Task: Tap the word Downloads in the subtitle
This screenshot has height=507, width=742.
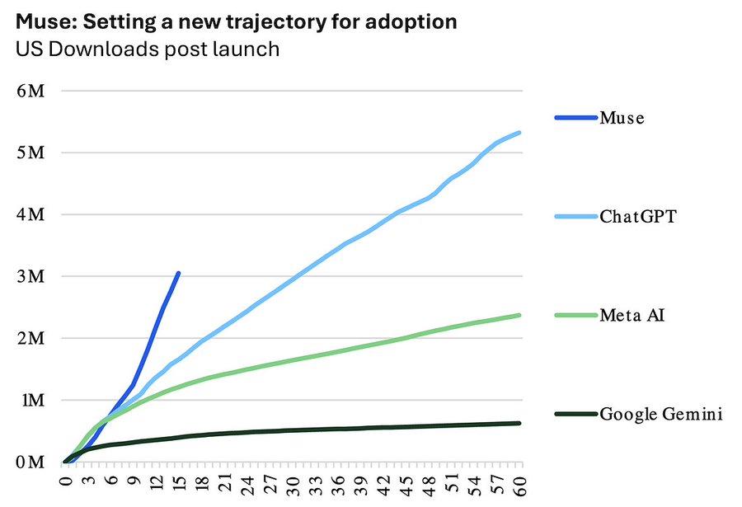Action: point(105,49)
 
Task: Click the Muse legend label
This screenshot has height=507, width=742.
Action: point(622,117)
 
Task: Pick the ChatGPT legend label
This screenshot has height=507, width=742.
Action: point(638,216)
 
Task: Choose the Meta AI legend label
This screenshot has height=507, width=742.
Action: point(632,315)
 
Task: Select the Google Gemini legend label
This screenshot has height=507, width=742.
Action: point(661,414)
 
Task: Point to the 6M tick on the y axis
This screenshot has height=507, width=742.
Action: point(31,91)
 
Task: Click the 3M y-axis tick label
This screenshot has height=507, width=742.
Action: point(31,276)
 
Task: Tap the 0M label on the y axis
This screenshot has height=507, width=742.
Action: point(31,462)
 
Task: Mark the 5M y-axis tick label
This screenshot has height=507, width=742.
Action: point(31,153)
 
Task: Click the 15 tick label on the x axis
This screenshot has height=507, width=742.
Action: point(180,482)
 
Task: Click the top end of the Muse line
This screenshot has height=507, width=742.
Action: point(178,273)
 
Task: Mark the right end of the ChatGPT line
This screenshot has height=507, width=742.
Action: point(519,133)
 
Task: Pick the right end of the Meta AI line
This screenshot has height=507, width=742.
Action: point(519,315)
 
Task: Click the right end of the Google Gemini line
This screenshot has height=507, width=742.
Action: point(519,423)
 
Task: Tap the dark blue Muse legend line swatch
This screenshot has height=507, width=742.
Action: point(576,117)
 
